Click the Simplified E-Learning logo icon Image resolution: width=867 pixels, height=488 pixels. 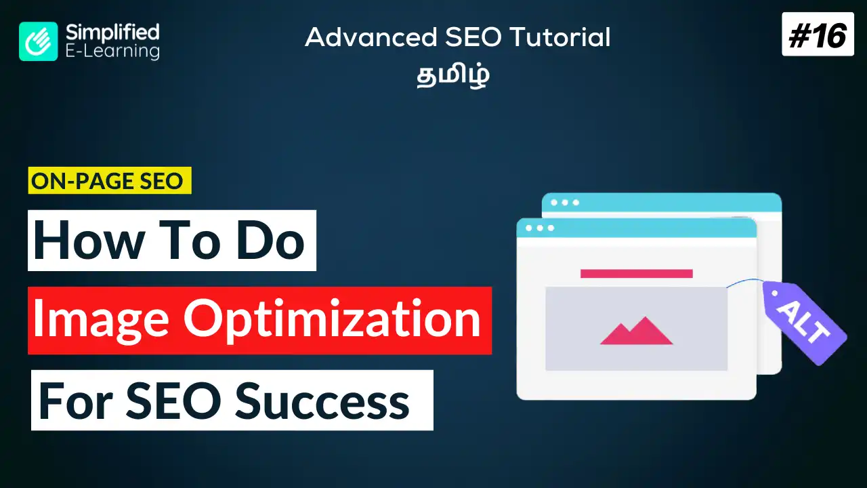point(39,41)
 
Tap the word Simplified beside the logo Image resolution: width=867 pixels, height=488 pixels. point(112,32)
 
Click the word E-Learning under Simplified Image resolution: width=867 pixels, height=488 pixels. point(112,51)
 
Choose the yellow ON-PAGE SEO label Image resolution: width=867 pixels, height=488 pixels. point(110,182)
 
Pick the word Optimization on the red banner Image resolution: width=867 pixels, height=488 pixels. point(336,320)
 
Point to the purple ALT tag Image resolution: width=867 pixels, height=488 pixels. point(805,323)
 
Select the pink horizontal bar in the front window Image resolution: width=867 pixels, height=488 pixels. point(636,274)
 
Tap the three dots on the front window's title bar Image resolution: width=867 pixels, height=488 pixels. point(540,228)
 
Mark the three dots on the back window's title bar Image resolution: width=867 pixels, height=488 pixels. point(565,203)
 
